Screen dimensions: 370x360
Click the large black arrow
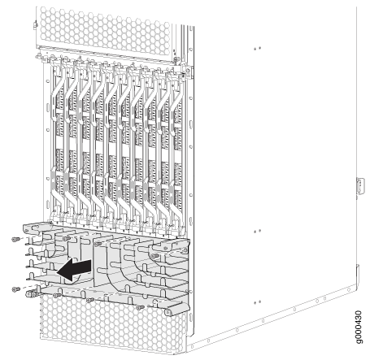[75, 269]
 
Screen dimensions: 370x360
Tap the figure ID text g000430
[358, 327]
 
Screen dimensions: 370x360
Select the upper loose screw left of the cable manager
[16, 239]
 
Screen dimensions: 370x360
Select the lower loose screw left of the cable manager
[16, 289]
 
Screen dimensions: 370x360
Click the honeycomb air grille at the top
[105, 30]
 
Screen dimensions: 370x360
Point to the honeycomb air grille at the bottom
[112, 323]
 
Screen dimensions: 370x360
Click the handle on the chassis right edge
[360, 186]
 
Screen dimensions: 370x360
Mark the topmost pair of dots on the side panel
[257, 49]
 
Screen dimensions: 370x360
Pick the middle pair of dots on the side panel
[257, 232]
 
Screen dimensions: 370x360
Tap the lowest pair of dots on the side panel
[257, 302]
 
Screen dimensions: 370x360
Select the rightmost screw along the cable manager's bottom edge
[140, 307]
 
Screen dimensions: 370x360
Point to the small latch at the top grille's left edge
[35, 25]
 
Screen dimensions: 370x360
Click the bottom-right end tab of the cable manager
[177, 309]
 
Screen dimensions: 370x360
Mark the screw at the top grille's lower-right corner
[176, 59]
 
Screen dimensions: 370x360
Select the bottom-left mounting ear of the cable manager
[32, 293]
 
